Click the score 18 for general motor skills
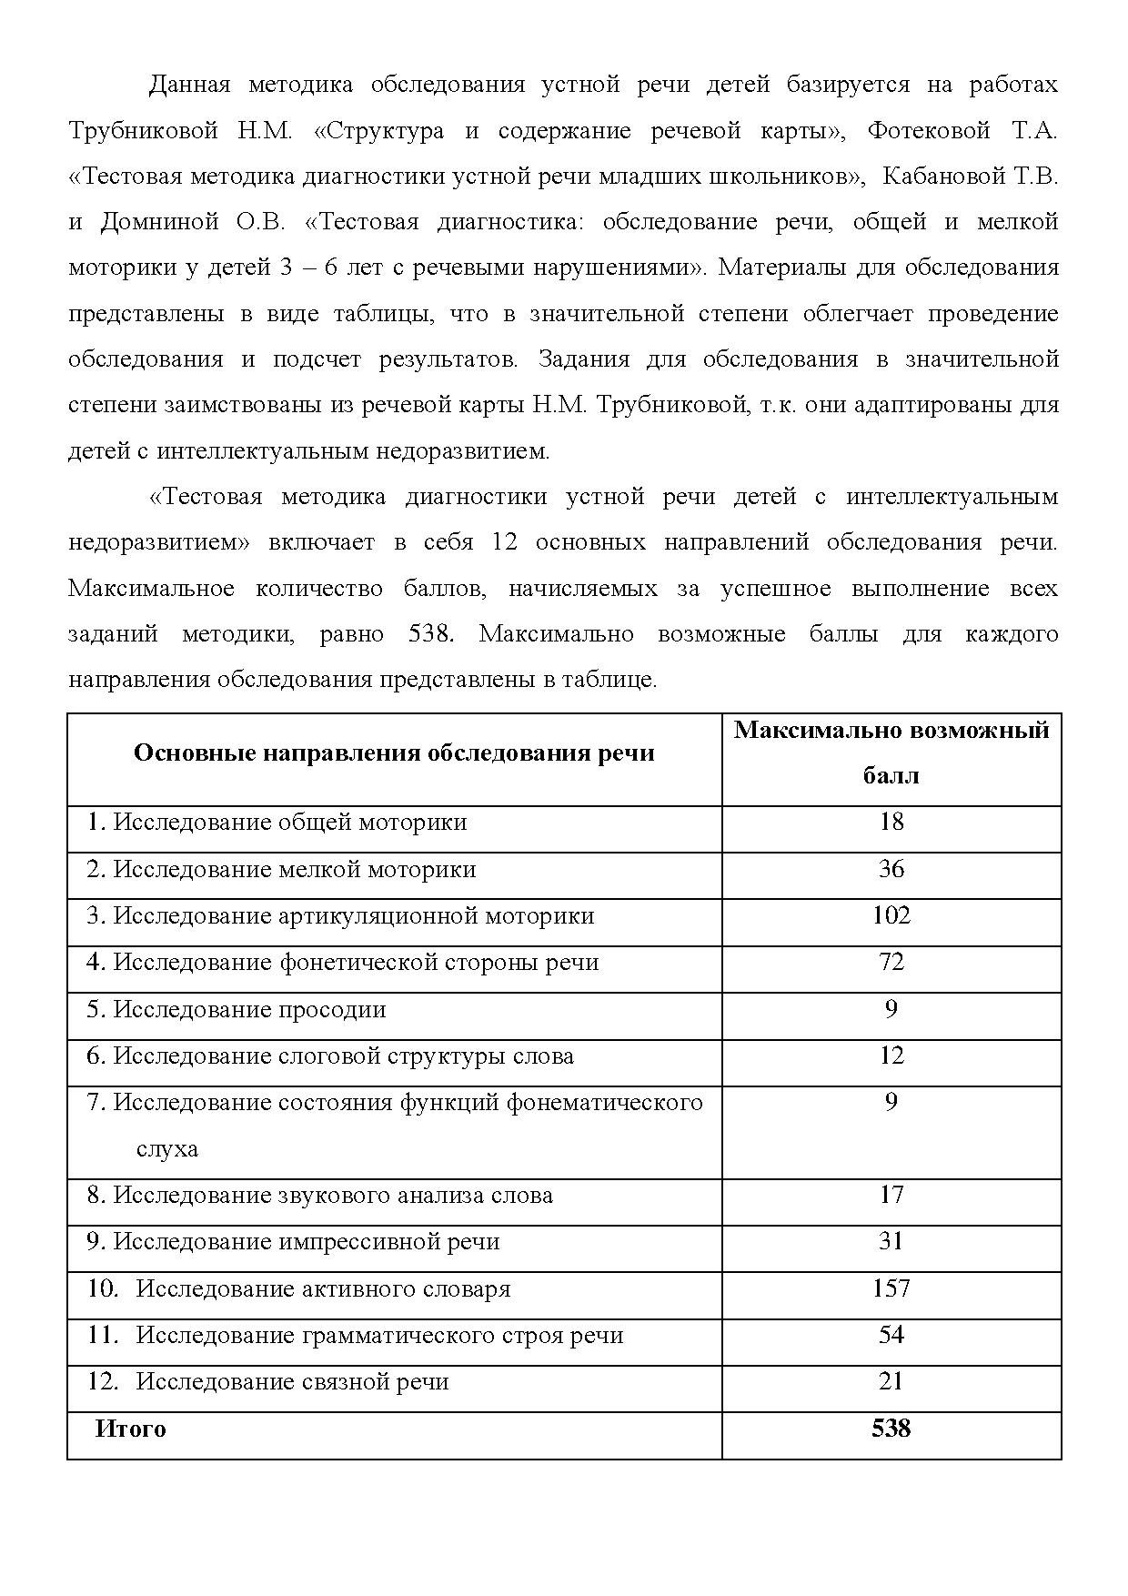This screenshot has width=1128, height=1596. pyautogui.click(x=891, y=823)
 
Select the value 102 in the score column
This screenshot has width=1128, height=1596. pyautogui.click(x=891, y=915)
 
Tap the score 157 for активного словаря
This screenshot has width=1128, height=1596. pyautogui.click(x=891, y=1288)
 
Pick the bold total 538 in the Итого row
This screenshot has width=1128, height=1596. pyautogui.click(x=891, y=1429)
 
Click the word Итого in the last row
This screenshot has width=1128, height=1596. pyautogui.click(x=131, y=1429)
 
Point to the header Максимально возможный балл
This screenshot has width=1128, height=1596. pyautogui.click(x=891, y=753)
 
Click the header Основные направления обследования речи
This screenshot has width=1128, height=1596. pyautogui.click(x=394, y=753)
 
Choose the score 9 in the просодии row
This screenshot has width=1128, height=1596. pyautogui.click(x=891, y=1009)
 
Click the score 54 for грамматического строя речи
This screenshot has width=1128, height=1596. pyautogui.click(x=891, y=1335)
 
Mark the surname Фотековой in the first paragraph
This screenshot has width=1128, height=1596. pyautogui.click(x=928, y=131)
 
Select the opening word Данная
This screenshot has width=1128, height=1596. pyautogui.click(x=190, y=86)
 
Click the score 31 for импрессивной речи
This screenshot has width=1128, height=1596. pyautogui.click(x=891, y=1241)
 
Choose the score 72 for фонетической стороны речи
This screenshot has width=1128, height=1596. pyautogui.click(x=891, y=962)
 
